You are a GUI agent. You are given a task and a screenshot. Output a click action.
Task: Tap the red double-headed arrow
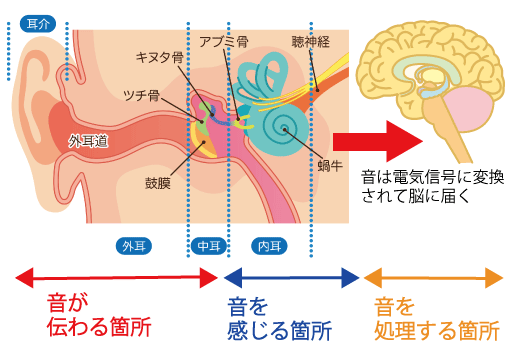tap(112, 275)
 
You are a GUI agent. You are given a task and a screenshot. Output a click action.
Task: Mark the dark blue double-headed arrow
tap(291, 275)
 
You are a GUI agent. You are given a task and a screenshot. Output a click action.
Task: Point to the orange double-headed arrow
tap(433, 275)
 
